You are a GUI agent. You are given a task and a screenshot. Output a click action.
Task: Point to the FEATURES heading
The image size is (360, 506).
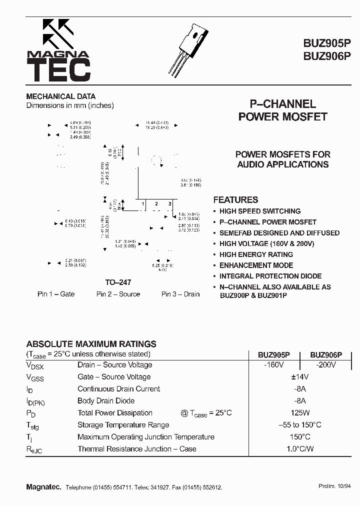pos(235,199)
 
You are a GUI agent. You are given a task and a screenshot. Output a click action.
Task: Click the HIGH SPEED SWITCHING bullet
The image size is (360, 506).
pos(259,211)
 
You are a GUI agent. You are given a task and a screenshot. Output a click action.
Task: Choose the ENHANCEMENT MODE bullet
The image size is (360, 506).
pos(256,265)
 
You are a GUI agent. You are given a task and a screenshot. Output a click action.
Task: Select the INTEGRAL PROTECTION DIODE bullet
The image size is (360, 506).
pos(270,276)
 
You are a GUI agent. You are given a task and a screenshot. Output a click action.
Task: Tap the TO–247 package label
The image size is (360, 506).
pos(118,282)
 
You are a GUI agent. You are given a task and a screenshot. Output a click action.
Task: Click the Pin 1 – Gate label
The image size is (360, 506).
pos(56,294)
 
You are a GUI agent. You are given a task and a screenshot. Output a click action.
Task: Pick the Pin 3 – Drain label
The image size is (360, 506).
pos(180,294)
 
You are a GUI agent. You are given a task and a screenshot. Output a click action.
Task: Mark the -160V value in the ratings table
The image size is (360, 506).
pos(274,365)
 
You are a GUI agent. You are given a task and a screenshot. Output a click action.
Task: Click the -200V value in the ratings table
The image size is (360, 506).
pos(325,365)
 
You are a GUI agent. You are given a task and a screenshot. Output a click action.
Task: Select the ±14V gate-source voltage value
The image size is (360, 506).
pos(300,377)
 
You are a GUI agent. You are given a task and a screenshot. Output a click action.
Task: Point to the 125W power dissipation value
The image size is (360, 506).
pos(300,413)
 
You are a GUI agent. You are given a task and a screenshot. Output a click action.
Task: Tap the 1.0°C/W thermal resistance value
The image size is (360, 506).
pos(300,449)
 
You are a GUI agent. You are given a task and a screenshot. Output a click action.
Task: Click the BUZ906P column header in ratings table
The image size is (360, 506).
pos(326,354)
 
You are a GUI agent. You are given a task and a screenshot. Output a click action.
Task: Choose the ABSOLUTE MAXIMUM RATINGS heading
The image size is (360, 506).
pos(91,344)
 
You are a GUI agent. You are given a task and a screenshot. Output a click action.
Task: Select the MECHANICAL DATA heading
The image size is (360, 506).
pos(60,96)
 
